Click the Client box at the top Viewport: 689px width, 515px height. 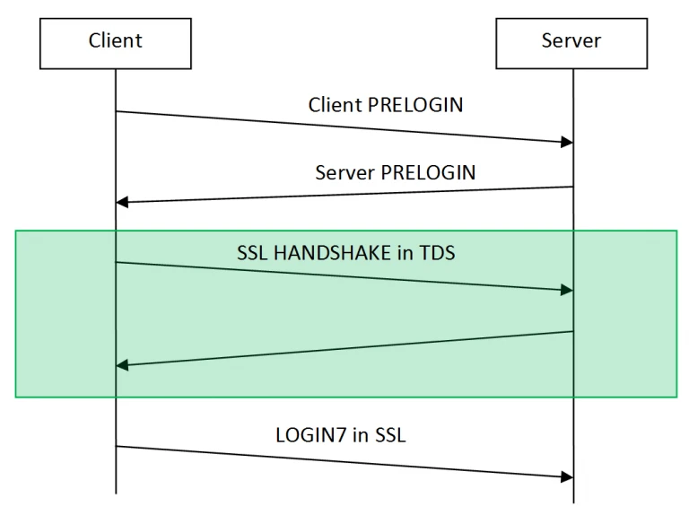pyautogui.click(x=115, y=40)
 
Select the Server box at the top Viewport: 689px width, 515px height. pyautogui.click(x=571, y=40)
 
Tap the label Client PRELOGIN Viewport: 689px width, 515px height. pyautogui.click(x=386, y=104)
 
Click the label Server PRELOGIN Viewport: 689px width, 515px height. pyautogui.click(x=396, y=171)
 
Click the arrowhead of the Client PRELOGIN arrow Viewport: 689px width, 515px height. pyautogui.click(x=567, y=143)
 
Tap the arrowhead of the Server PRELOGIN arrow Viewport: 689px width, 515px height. pyautogui.click(x=122, y=202)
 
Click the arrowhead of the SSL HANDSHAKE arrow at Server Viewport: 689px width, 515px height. pyautogui.click(x=567, y=290)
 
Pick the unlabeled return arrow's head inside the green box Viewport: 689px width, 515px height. pyautogui.click(x=122, y=365)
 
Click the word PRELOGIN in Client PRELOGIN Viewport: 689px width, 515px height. pyautogui.click(x=416, y=104)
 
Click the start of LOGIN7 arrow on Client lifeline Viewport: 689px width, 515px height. pyautogui.click(x=116, y=446)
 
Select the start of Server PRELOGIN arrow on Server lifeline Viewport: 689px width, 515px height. pyautogui.click(x=572, y=187)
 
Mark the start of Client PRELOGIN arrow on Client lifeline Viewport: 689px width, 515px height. pyautogui.click(x=116, y=111)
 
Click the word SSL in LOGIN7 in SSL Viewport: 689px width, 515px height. pyautogui.click(x=394, y=436)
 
